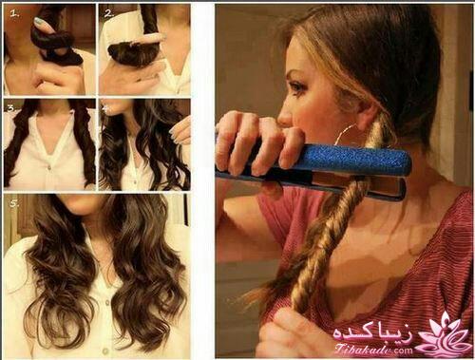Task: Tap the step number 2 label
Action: click(x=107, y=14)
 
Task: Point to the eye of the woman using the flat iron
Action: click(x=296, y=86)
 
